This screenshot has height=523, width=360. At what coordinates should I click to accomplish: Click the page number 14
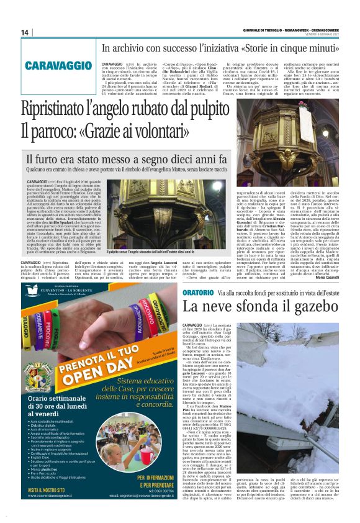25,33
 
